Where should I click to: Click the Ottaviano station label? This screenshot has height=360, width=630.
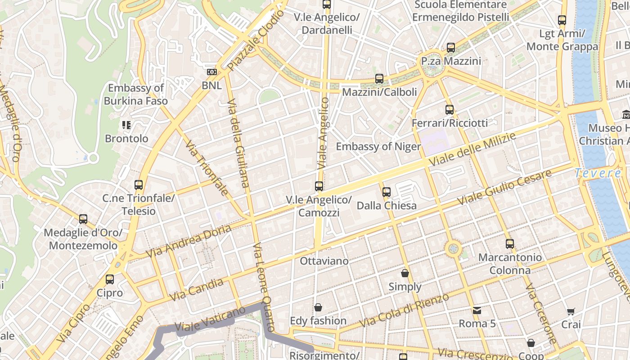click(324, 261)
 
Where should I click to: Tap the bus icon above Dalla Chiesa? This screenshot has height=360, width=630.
click(386, 192)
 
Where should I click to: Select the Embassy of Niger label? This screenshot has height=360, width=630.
click(378, 147)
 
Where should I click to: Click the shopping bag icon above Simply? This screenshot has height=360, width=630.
click(405, 273)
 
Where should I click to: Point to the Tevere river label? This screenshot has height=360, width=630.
click(598, 173)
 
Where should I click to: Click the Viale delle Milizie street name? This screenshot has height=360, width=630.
click(472, 150)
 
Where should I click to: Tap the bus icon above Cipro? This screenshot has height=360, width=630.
click(110, 279)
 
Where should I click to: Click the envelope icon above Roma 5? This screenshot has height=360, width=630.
click(477, 310)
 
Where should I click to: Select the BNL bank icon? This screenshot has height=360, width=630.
click(211, 72)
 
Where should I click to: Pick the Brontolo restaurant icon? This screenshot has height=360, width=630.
click(126, 125)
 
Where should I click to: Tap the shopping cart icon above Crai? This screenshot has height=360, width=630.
click(571, 311)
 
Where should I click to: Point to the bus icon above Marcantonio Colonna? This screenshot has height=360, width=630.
click(509, 244)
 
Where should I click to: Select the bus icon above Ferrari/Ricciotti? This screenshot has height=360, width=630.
click(449, 109)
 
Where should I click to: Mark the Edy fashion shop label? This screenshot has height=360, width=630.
click(318, 321)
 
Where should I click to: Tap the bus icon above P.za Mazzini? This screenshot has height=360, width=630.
click(451, 48)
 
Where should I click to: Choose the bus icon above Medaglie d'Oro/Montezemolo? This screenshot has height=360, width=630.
click(83, 219)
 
